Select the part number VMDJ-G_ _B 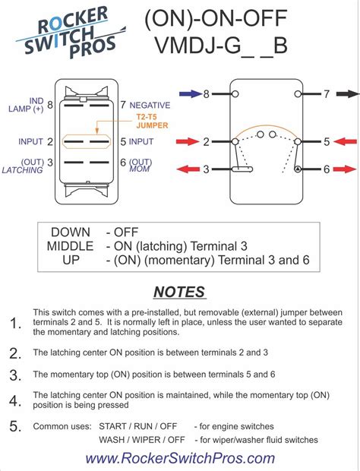(222, 46)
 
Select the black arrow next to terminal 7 (347, 95)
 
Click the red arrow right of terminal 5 (346, 142)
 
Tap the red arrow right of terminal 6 (346, 169)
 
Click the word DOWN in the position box (71, 232)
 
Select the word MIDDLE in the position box (71, 246)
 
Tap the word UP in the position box (71, 261)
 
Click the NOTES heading (179, 292)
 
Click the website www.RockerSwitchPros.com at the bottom (180, 458)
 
